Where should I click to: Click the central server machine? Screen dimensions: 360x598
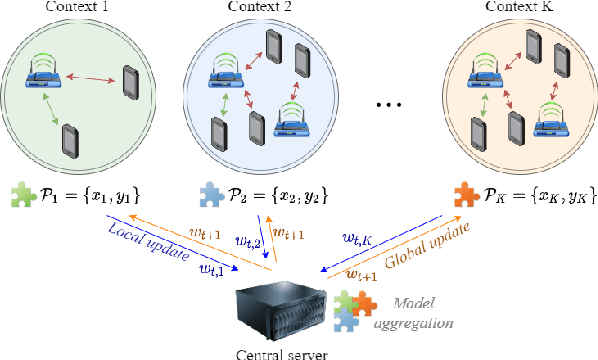[279, 305]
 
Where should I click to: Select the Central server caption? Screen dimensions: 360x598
[281, 351]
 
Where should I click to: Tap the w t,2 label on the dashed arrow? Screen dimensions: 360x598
[248, 242]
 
